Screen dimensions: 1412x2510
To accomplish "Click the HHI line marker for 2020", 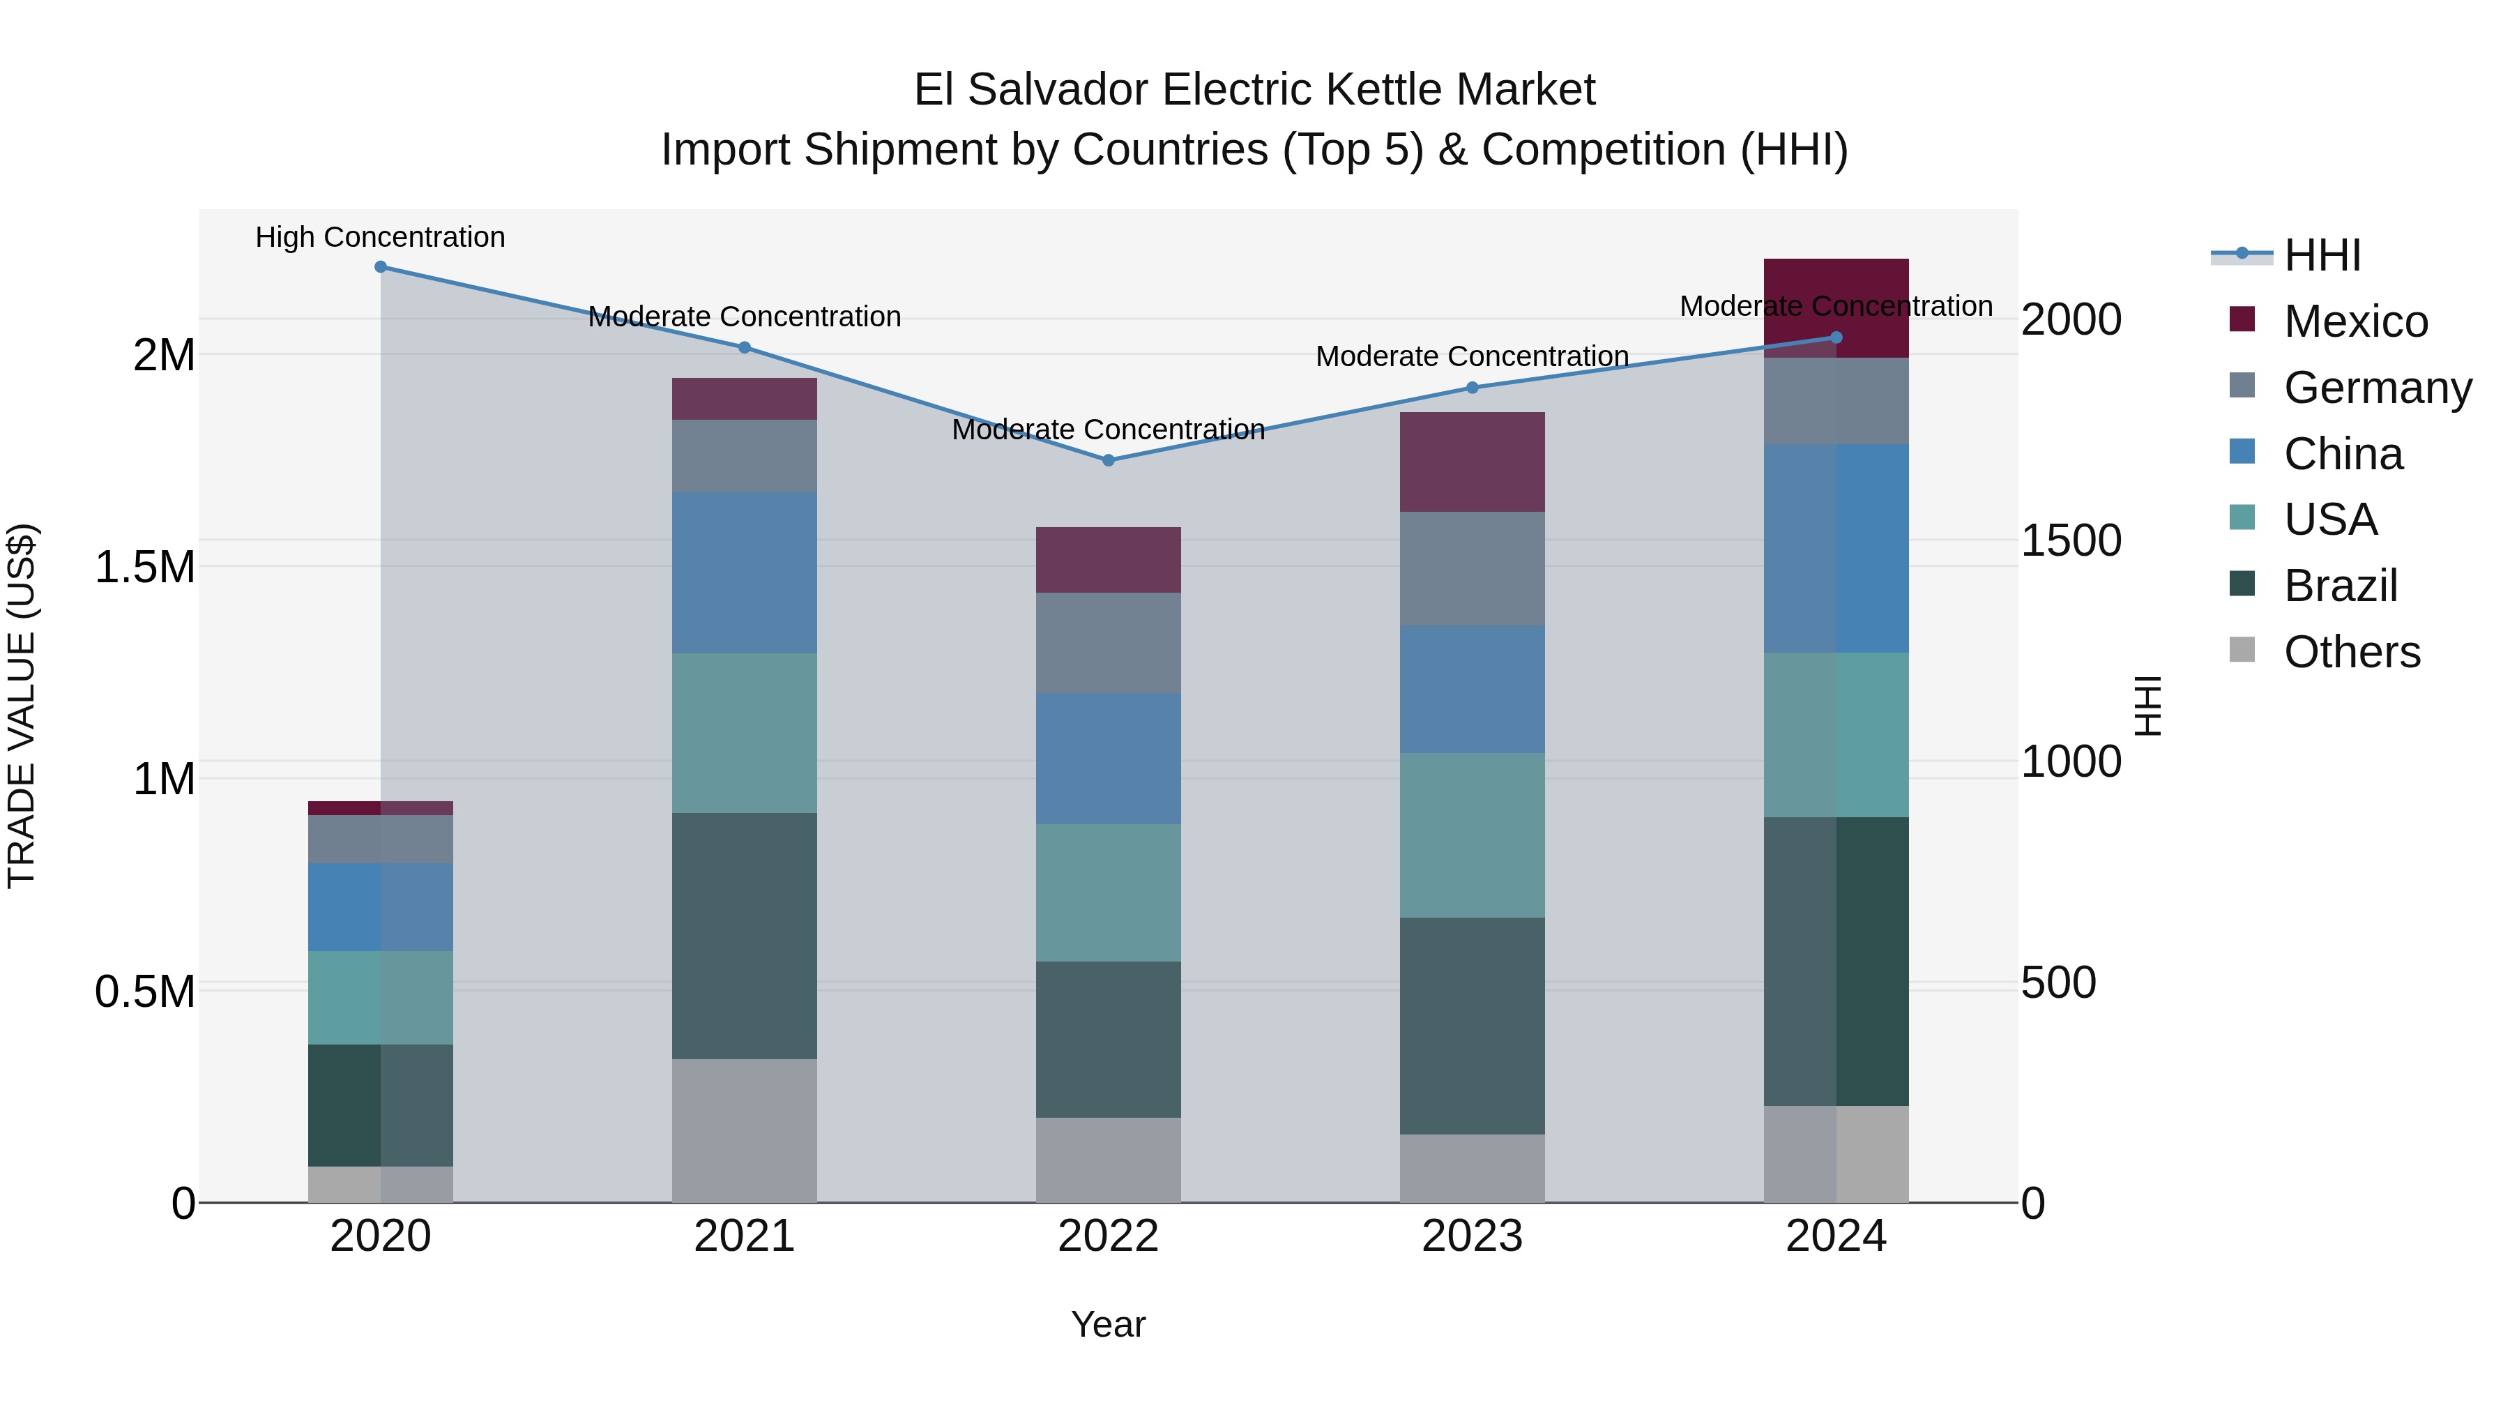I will pos(380,267).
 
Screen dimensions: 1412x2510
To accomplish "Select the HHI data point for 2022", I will pos(1108,460).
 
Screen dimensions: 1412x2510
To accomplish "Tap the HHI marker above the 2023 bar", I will pos(1473,388).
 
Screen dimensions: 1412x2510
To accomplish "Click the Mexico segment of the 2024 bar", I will pos(1836,292).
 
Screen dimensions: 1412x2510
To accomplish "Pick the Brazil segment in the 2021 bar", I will pos(745,936).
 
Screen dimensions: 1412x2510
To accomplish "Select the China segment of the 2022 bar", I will pos(1108,758).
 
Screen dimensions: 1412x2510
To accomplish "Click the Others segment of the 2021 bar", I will pos(745,1130).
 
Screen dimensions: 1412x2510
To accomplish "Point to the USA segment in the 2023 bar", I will pos(1473,835).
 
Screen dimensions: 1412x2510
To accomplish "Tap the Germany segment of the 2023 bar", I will pos(1473,568).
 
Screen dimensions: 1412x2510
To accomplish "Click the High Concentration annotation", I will pos(380,237).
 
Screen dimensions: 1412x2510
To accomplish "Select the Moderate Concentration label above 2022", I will pos(1108,430).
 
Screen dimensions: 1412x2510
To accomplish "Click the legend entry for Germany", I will pos(2378,388).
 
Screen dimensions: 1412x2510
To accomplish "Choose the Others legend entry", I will pos(2351,652).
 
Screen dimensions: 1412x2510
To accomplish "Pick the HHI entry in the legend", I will pos(2322,255).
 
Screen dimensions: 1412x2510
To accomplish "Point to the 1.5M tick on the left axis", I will pos(144,567).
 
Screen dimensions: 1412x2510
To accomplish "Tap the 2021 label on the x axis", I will pos(745,1236).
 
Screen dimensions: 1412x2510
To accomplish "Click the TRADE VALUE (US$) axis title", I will pos(22,706).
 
